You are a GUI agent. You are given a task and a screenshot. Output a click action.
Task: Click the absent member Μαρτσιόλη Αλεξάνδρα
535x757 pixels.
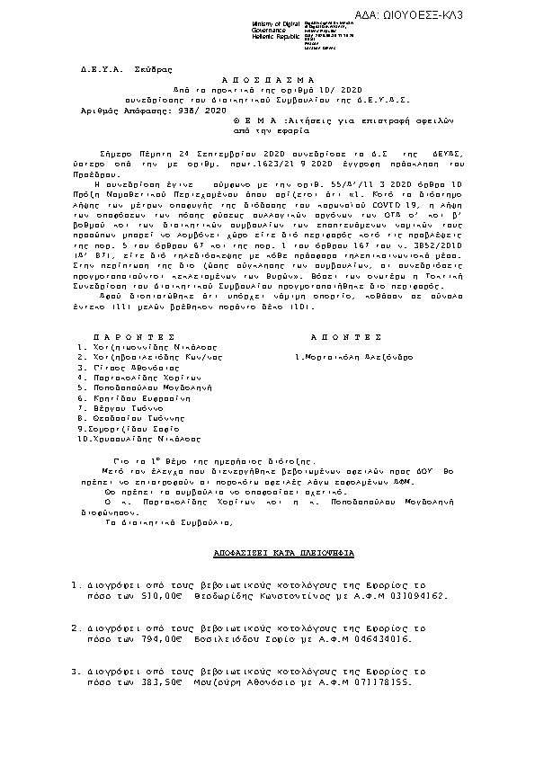pos(360,357)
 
